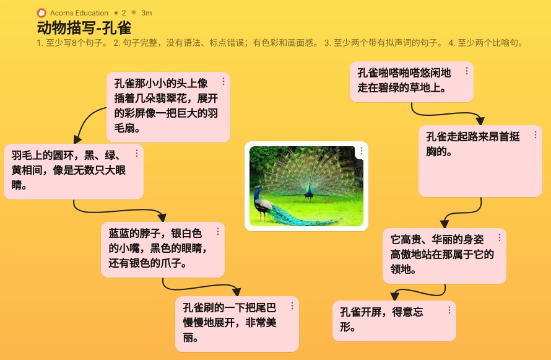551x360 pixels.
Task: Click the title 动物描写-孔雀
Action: click(84, 28)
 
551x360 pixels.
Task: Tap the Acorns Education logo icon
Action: click(41, 13)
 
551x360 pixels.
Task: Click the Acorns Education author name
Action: click(79, 13)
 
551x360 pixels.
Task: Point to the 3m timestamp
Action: click(147, 13)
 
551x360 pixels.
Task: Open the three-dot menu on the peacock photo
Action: click(361, 151)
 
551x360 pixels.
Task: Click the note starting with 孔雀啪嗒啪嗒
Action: click(412, 82)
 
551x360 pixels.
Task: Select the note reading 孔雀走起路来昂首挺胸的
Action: click(480, 161)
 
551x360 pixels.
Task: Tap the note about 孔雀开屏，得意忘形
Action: click(394, 321)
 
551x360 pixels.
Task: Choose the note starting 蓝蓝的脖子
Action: click(163, 250)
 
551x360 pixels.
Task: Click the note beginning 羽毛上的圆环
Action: click(74, 172)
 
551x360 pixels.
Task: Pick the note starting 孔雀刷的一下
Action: click(237, 324)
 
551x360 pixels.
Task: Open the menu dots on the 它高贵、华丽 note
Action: click(500, 238)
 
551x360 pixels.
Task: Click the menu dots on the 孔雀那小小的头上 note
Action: click(223, 82)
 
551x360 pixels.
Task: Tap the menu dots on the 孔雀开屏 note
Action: click(449, 310)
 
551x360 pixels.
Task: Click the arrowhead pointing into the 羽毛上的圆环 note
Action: click(77, 139)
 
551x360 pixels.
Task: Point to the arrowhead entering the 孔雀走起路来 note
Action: click(480, 121)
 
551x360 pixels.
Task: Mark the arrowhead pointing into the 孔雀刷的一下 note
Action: click(237, 291)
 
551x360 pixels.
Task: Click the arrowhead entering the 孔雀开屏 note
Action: click(394, 296)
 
